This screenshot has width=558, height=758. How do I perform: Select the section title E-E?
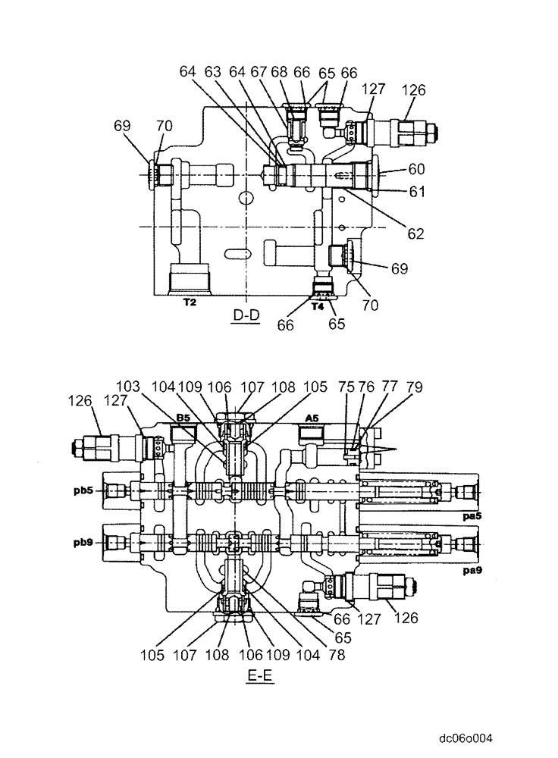[259, 674]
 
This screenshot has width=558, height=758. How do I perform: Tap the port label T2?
[190, 301]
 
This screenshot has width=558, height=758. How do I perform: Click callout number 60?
[417, 168]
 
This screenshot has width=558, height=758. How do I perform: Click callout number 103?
[130, 386]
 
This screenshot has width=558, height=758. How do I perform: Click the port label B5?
[183, 418]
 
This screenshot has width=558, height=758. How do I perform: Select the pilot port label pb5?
[84, 490]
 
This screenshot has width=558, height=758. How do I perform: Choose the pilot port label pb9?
[84, 543]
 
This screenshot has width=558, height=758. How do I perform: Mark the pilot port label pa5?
[471, 514]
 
